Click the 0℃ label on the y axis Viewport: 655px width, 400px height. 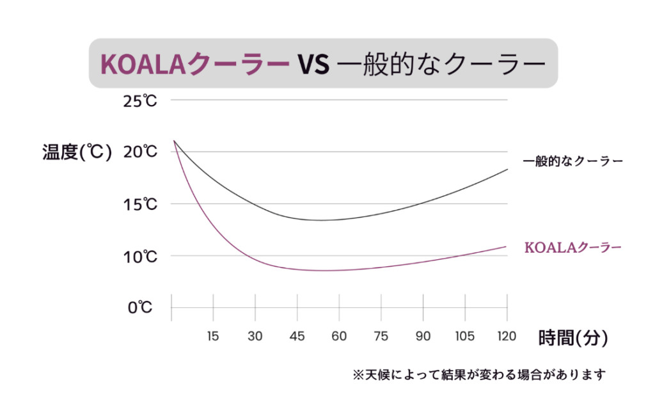click(x=140, y=308)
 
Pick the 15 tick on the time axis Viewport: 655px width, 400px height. click(x=213, y=336)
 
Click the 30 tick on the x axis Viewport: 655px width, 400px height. click(x=255, y=336)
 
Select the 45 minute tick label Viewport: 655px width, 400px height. click(x=297, y=336)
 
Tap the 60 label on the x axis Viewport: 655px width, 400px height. click(x=339, y=336)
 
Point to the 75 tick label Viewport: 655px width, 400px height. click(x=381, y=336)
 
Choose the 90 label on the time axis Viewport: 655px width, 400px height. click(x=423, y=336)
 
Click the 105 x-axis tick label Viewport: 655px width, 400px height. click(x=465, y=336)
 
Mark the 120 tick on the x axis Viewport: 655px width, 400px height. click(x=507, y=336)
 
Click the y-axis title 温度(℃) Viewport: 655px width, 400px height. click(x=77, y=152)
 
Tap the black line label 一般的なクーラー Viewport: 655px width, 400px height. click(x=572, y=161)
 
